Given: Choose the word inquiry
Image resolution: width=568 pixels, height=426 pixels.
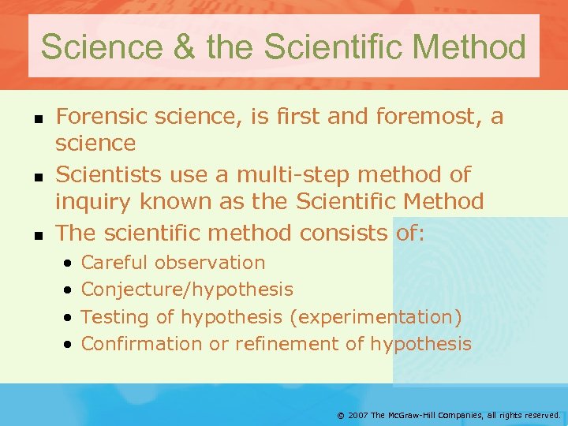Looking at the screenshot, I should [x=93, y=202].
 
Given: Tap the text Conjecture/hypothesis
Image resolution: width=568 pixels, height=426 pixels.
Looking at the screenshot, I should [x=187, y=290].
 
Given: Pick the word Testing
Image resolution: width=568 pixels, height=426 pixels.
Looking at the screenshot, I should [x=112, y=317].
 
